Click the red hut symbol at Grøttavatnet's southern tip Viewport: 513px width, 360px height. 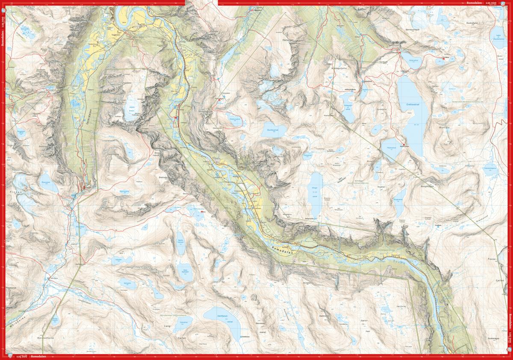click(402, 145)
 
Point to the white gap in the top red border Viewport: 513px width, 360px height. click(201, 3)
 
